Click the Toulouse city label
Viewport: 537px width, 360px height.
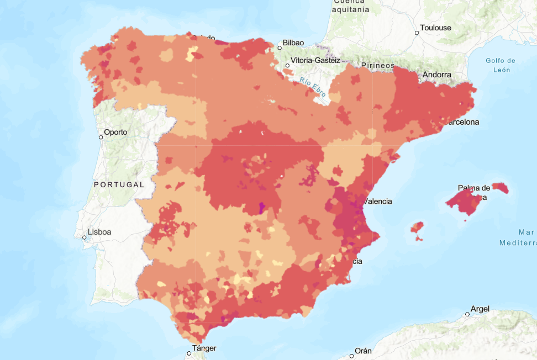tap(435, 28)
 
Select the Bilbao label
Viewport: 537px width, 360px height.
tap(293, 43)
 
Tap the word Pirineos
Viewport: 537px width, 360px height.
tap(378, 65)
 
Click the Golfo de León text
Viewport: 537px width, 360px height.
tap(501, 65)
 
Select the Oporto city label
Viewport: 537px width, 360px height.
tap(116, 132)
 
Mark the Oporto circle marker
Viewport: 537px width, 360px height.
tap(101, 137)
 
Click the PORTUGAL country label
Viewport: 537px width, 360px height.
tap(119, 184)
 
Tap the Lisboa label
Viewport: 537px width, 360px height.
tap(99, 232)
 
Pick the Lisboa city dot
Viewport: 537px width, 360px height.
tap(85, 237)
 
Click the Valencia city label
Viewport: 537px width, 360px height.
tap(378, 202)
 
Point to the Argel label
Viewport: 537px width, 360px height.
tap(480, 309)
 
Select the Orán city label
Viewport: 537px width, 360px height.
tap(363, 351)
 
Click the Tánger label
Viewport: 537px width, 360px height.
tap(204, 348)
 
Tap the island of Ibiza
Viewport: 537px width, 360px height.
tap(418, 229)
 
